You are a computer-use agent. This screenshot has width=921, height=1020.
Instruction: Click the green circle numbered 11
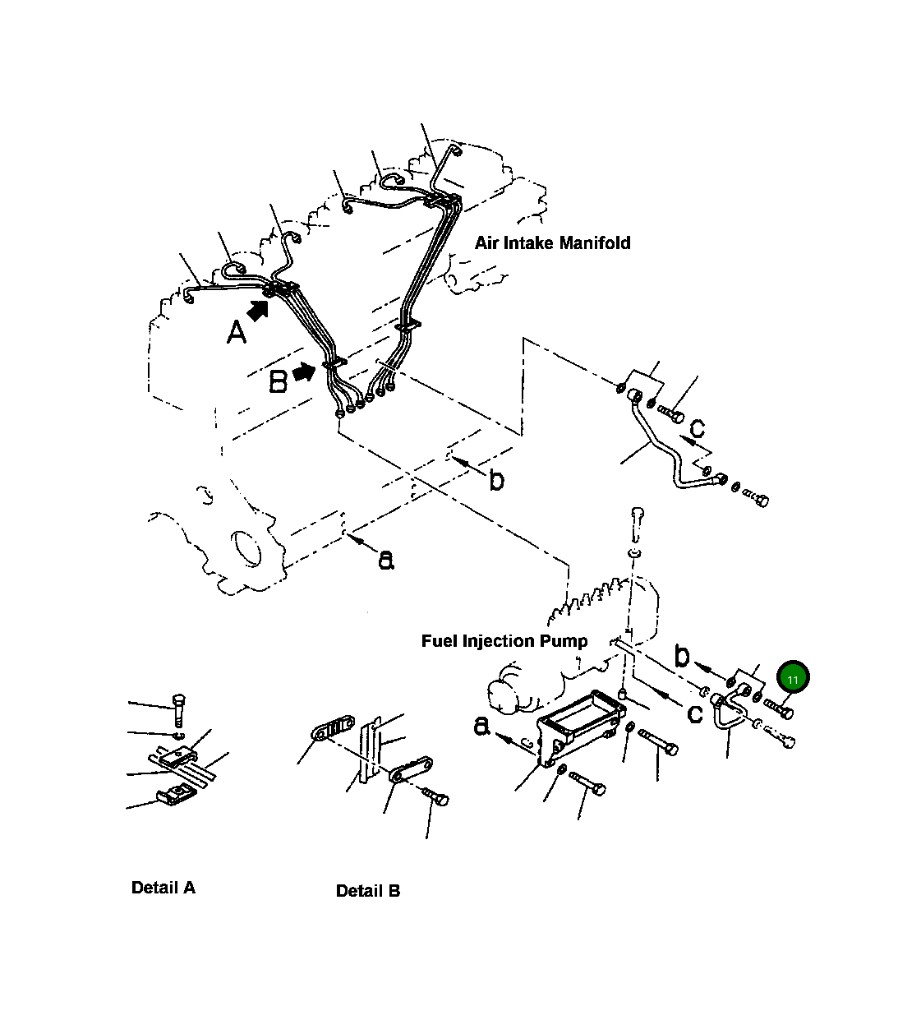pos(793,679)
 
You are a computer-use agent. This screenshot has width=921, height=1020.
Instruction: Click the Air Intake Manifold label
pos(552,242)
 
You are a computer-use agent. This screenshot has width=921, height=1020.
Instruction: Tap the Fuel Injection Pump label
pos(504,640)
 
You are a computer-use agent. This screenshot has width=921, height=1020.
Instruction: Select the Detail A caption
pos(163,888)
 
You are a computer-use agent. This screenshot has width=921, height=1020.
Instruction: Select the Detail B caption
pos(368,891)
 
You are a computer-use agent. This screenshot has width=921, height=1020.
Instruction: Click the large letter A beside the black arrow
pos(236,333)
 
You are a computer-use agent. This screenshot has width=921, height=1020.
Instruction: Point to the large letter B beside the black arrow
pos(279,381)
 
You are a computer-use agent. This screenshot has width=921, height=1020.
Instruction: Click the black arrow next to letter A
pos(260,310)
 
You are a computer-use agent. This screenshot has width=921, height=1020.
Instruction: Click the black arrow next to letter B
pos(304,372)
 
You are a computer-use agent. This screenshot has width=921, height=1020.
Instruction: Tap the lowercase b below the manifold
pos(496,480)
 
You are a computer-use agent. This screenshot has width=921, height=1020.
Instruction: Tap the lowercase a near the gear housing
pos(385,560)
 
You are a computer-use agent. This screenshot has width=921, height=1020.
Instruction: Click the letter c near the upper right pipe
pos(697,428)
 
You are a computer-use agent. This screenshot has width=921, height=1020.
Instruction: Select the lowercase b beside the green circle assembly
pos(682,655)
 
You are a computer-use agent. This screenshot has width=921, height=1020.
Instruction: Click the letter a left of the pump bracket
pos(481,726)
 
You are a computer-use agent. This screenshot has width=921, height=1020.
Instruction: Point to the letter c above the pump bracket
pos(694,713)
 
